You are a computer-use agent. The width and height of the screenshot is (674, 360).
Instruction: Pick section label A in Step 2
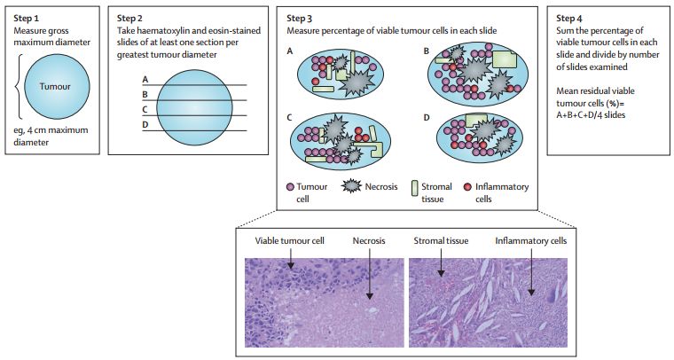tap(144, 80)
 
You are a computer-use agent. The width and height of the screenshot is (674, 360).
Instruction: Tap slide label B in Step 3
tap(426, 51)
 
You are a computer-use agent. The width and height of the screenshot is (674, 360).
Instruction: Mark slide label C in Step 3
tap(290, 116)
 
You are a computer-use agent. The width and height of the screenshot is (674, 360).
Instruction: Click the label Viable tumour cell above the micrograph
tap(287, 240)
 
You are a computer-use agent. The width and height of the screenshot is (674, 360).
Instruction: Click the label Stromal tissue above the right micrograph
tap(441, 240)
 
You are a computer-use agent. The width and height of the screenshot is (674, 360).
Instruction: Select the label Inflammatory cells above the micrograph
tap(529, 240)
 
